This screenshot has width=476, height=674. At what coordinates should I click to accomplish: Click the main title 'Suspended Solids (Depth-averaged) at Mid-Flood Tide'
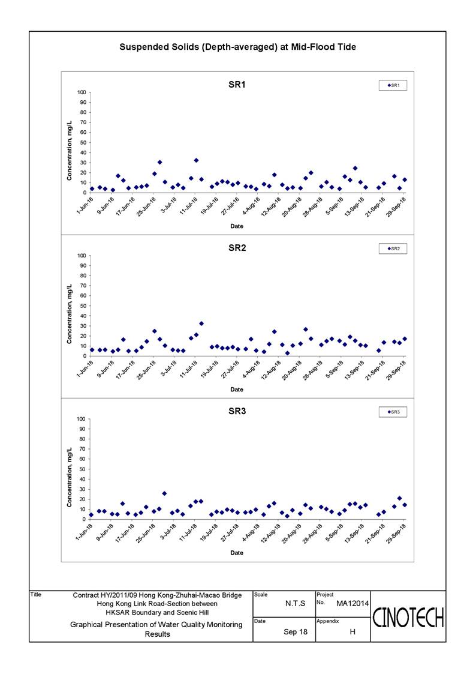237,47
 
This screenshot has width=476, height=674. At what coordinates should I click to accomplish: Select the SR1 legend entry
393,86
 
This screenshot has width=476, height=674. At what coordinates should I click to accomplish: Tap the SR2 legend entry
393,249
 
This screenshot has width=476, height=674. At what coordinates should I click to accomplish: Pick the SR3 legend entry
393,412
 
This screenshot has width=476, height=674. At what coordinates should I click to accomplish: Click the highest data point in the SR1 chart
196,160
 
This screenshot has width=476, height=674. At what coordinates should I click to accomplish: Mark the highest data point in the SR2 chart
201,323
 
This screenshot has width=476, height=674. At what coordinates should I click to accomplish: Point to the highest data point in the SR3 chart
164,493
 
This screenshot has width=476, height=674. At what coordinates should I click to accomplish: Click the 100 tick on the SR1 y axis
82,92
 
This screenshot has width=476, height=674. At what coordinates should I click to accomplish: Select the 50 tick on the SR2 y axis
83,306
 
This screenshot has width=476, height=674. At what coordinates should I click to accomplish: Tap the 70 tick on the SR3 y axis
83,449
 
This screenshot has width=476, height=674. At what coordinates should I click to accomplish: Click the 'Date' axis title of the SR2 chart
237,390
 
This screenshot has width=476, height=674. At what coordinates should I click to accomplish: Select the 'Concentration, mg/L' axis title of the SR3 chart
70,477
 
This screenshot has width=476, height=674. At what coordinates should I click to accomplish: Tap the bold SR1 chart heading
237,85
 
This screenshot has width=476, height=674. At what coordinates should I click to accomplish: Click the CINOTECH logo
408,618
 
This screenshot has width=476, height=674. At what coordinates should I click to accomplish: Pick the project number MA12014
353,604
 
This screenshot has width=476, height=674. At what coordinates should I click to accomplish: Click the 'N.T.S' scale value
296,604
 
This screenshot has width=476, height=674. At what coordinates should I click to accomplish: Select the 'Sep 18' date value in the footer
296,632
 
